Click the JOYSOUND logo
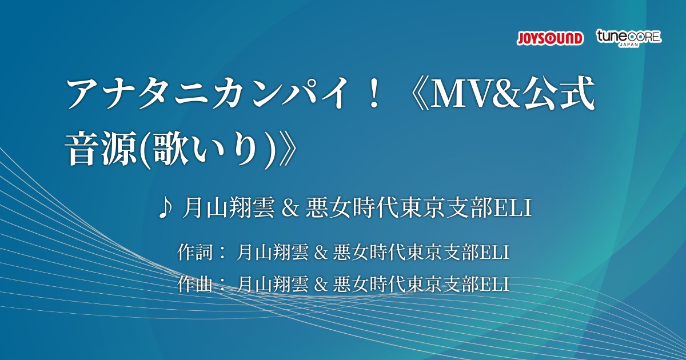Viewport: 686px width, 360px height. [x=550, y=39]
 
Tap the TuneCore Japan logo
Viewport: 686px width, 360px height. [x=629, y=38]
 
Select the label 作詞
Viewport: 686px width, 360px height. [x=195, y=252]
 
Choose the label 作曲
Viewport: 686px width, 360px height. [x=195, y=284]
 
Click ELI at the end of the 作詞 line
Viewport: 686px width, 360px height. [x=494, y=253]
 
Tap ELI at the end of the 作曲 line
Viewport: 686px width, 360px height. [x=494, y=285]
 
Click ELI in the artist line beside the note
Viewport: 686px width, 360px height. [x=513, y=209]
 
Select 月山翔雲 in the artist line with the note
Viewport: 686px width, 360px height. [x=228, y=209]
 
